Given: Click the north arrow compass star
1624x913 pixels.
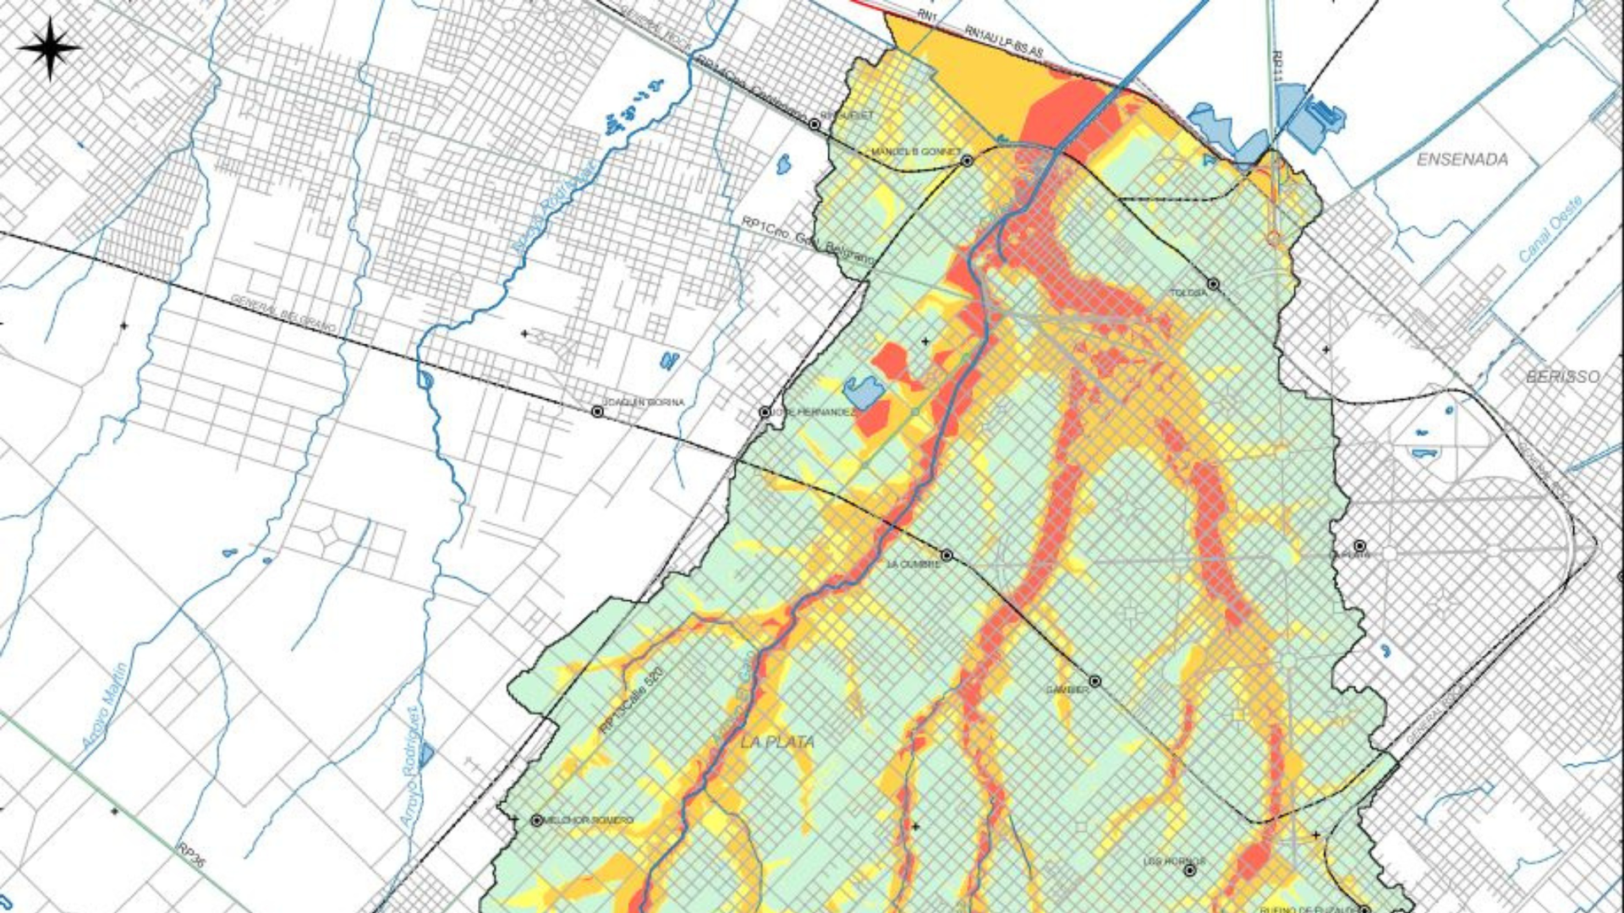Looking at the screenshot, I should [49, 48].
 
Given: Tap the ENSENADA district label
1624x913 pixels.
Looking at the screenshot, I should [1462, 160].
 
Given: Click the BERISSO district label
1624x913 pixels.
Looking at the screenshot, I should [1562, 377].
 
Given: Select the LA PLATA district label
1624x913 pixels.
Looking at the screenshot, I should [777, 742].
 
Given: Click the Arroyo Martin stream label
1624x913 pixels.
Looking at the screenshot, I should [105, 706].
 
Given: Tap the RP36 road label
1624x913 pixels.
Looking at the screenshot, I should [191, 855].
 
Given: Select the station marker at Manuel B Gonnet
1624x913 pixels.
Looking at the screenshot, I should [967, 161].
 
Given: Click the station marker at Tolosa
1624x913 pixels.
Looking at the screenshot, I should [1213, 284].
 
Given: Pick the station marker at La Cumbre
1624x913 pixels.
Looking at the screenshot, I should [946, 555].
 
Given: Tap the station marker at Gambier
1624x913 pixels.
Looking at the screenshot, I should [1095, 681].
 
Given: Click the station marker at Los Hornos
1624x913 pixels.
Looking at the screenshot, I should [1189, 870].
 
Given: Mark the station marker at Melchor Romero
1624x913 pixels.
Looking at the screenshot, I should [536, 820].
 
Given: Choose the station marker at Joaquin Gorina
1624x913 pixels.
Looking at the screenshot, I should [597, 412].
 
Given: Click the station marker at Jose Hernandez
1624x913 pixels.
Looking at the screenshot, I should [765, 413].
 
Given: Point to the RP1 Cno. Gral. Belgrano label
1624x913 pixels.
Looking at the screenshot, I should [805, 239].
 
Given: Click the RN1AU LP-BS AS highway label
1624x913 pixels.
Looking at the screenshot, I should [1003, 41].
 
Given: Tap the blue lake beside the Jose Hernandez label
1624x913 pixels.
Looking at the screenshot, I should [863, 391].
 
